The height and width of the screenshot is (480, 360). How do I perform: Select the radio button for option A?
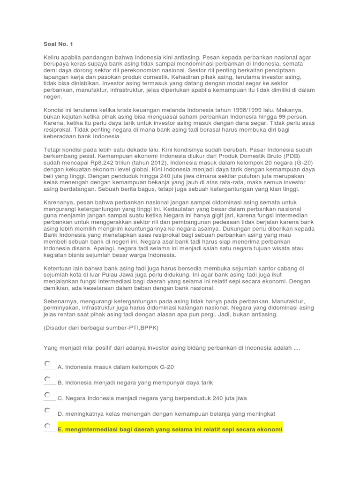48,364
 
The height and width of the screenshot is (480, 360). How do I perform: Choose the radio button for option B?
48,379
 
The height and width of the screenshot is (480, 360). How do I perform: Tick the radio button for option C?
48,395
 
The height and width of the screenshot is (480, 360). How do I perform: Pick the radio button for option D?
48,411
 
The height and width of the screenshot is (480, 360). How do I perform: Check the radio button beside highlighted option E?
48,426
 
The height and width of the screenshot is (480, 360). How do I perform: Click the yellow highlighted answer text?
170,429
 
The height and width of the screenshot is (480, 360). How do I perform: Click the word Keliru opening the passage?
53,57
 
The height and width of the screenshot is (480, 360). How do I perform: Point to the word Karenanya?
60,202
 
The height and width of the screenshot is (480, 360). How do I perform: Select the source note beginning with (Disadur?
101,328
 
